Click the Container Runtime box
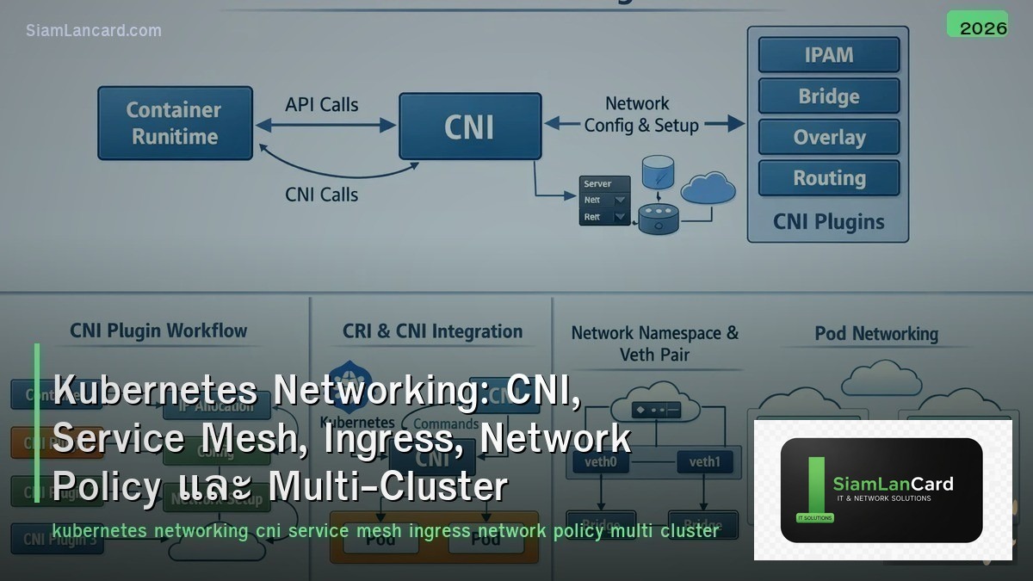[175, 123]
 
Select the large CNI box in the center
[470, 127]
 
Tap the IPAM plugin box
[828, 55]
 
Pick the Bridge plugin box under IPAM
[828, 96]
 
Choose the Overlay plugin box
[828, 138]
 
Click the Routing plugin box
[828, 178]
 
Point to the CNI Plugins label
[828, 221]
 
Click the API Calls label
[321, 104]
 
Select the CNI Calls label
[321, 195]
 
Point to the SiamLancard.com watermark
[94, 30]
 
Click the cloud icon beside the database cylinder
[708, 188]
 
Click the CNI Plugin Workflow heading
[158, 331]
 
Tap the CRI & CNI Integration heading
[432, 331]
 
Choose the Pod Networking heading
[876, 333]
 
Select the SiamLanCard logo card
[881, 490]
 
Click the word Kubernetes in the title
[155, 391]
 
